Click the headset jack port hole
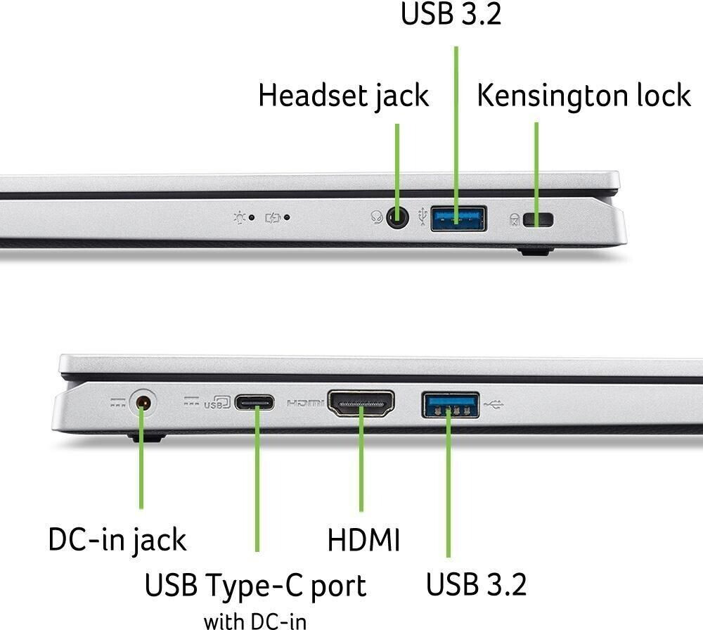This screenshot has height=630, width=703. pos(397,218)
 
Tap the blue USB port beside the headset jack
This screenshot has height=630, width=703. pos(458,219)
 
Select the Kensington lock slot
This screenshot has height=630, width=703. pos(538,219)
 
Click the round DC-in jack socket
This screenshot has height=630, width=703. pos(143,402)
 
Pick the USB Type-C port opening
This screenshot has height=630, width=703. pos(254,402)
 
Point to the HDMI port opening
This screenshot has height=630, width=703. pos(361,404)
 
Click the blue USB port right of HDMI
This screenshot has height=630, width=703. pos(450,405)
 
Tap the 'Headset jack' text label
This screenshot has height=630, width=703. pos(344,96)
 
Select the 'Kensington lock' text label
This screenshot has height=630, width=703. pos(583,96)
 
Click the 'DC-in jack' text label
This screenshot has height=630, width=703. pos(117,539)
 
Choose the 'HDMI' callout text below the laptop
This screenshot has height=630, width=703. pos(363,539)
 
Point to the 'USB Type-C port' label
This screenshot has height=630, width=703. pos(255,586)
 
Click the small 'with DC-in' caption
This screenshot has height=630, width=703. pos(255,622)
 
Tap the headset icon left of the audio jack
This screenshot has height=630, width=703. pos(377,217)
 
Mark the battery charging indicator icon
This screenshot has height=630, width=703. pos(273,218)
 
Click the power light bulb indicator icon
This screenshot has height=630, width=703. pos(240,217)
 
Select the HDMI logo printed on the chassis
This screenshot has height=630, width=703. pos(305,404)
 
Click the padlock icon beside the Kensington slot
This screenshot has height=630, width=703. pos(515,219)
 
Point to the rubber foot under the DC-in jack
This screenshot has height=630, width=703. pos(147,437)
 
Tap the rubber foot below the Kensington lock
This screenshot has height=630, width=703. pos(535,251)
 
